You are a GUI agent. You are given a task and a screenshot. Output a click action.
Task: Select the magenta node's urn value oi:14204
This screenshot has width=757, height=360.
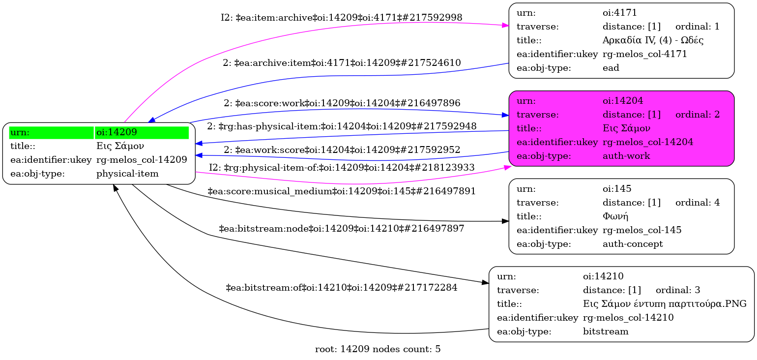(x=623, y=101)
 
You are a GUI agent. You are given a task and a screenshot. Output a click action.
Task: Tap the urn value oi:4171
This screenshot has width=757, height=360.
(x=620, y=13)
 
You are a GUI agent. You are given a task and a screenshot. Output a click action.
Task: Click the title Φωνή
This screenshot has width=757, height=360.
(x=615, y=216)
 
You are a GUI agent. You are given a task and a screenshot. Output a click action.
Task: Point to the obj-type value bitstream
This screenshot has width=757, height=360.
(x=606, y=331)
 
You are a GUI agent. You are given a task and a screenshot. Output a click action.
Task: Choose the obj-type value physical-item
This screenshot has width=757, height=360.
(x=127, y=174)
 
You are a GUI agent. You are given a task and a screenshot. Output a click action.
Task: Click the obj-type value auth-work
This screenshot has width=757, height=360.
(x=621, y=156)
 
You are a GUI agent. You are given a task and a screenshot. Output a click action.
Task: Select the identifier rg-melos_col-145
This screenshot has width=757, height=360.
(x=642, y=230)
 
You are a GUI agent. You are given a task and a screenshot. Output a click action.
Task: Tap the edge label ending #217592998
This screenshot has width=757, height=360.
(x=341, y=17)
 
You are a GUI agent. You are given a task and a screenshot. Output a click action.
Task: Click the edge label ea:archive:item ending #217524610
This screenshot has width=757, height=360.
(x=342, y=62)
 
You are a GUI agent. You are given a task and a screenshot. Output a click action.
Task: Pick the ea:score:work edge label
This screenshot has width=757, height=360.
(x=342, y=103)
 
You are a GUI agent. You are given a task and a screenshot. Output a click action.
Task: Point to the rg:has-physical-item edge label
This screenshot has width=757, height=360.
(x=342, y=126)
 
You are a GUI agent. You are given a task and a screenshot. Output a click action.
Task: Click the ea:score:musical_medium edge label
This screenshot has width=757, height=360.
(x=342, y=191)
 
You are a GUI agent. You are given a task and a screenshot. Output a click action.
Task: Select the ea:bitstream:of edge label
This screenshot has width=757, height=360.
(x=341, y=287)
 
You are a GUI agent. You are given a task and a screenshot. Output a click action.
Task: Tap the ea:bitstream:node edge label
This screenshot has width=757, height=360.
(x=342, y=229)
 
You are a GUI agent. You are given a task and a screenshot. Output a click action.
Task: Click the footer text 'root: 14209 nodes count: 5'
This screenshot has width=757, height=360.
(x=378, y=349)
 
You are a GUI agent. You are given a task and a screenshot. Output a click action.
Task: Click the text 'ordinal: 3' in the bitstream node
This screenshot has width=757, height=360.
(x=678, y=290)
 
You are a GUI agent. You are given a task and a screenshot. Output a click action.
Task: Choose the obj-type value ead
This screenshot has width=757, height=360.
(x=611, y=68)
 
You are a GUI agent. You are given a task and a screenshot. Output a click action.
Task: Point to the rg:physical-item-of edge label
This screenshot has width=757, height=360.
(x=342, y=167)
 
